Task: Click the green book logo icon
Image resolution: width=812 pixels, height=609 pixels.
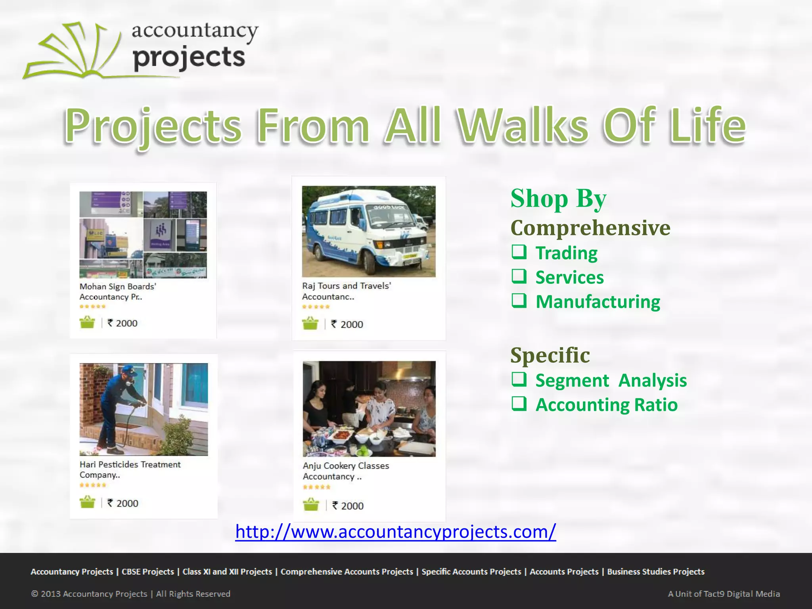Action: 71,52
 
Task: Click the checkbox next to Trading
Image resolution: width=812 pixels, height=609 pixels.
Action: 519,252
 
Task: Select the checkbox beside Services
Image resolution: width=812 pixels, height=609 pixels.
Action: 519,276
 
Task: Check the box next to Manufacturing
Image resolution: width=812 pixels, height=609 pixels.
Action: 519,301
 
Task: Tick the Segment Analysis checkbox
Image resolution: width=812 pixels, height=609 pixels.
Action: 519,379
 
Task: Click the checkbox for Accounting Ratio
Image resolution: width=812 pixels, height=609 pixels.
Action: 519,404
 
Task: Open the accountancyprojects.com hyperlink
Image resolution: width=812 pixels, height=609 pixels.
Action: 395,531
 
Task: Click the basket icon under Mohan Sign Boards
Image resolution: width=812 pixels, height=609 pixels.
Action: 87,322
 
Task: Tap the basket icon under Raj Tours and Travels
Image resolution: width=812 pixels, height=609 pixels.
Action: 310,324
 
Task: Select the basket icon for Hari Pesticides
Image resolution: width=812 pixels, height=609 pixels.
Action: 87,502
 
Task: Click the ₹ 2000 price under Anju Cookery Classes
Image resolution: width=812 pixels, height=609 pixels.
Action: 348,506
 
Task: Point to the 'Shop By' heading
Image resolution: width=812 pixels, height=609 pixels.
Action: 558,198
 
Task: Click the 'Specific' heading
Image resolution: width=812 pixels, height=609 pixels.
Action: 550,355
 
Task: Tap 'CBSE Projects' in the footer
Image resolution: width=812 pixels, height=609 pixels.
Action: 147,572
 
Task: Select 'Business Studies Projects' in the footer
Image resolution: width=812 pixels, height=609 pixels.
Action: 656,572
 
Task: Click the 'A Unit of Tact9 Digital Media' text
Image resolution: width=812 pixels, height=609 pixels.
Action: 724,594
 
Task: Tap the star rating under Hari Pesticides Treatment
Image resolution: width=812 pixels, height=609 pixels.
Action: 93,485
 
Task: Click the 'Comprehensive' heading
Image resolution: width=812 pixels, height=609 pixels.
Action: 590,228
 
